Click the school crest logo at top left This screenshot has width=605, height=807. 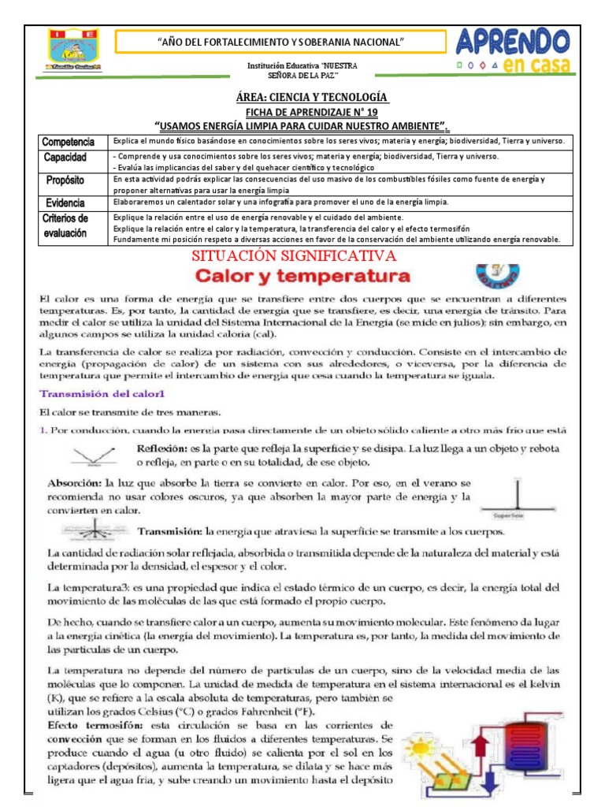(x=72, y=51)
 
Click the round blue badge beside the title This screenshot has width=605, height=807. (x=496, y=276)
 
